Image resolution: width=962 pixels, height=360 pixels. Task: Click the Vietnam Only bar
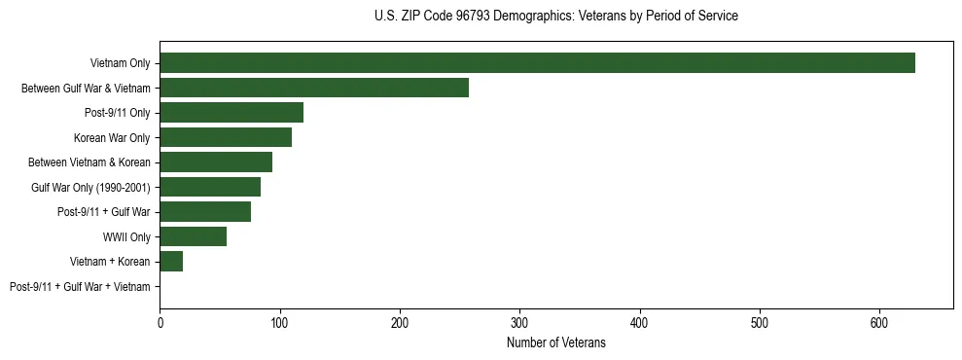[x=537, y=63]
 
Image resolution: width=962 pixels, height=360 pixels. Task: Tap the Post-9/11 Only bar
[x=232, y=113]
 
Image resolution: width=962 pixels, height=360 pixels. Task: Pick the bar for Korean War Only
[x=226, y=137]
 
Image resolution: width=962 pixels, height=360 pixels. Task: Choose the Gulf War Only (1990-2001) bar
[x=210, y=187]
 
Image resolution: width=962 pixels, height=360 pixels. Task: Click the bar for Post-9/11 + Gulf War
[x=205, y=212]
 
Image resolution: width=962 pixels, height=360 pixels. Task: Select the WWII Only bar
[x=194, y=236]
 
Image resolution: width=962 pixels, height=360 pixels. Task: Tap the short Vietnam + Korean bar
[x=171, y=262]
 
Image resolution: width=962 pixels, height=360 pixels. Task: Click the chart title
[x=555, y=17]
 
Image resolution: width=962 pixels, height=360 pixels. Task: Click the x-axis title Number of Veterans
[x=555, y=343]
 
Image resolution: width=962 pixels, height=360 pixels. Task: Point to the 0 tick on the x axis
[x=160, y=322]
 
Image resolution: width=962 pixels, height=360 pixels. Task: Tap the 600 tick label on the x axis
[x=879, y=322]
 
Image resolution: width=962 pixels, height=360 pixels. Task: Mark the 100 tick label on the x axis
[x=280, y=322]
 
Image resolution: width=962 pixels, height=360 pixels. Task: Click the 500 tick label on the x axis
[x=760, y=322]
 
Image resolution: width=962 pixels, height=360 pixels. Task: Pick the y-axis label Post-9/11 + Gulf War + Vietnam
[x=80, y=287]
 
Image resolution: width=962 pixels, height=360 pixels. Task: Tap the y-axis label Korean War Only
[x=112, y=138]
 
